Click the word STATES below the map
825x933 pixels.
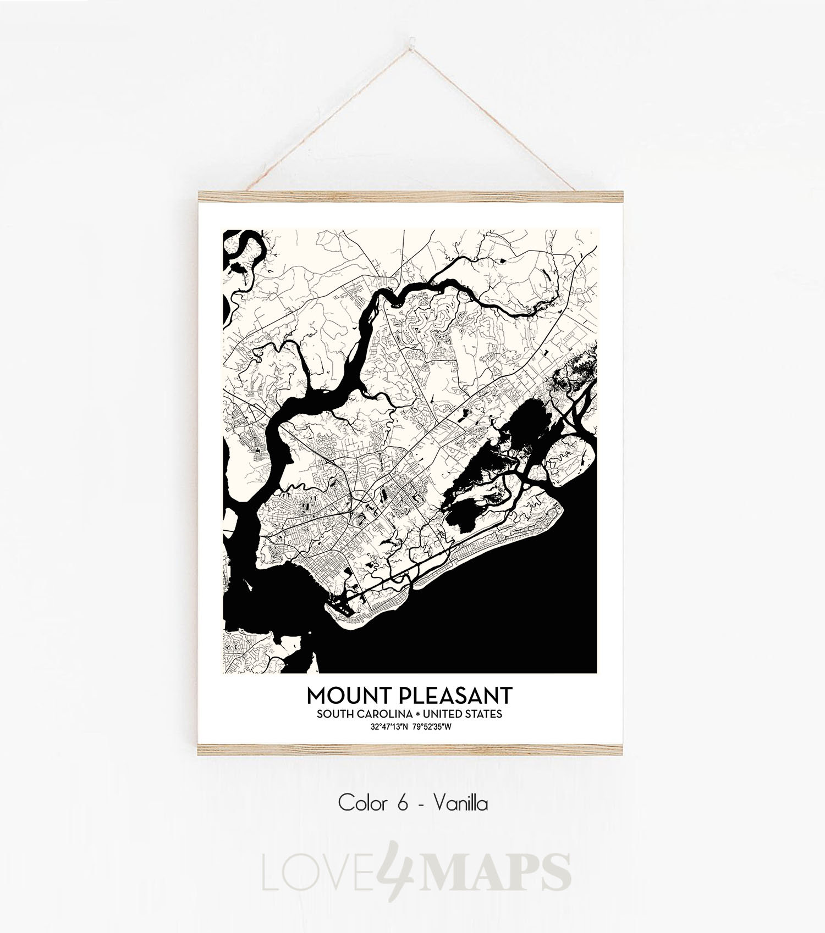tap(486, 714)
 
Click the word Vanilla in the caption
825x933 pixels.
tap(460, 803)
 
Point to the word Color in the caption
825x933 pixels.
tap(361, 803)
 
